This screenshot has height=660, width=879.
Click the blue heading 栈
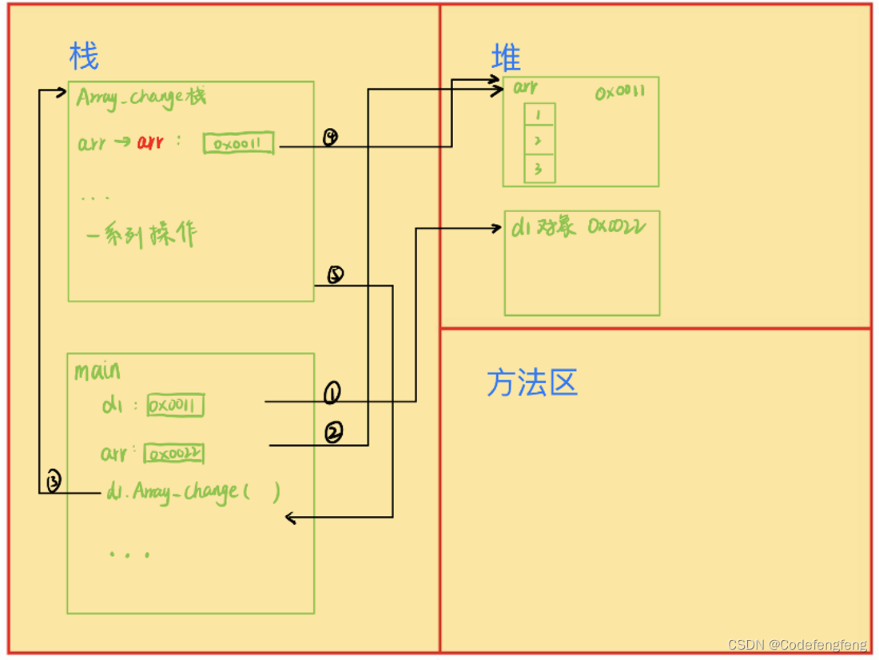[84, 57]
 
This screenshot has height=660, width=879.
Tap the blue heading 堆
[506, 58]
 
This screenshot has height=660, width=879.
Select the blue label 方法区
[531, 383]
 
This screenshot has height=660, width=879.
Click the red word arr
[149, 142]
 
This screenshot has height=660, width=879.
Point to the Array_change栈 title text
[141, 98]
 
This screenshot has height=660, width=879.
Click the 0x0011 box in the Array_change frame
[239, 144]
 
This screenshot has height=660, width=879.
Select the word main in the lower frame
[97, 371]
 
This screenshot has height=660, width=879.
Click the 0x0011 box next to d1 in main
[175, 406]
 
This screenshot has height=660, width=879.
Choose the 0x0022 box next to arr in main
[173, 454]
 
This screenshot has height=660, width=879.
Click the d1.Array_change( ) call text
[192, 491]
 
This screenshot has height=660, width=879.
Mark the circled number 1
[332, 393]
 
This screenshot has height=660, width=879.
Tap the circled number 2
[334, 433]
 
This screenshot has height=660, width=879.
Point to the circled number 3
[54, 482]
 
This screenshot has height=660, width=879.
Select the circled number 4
[330, 138]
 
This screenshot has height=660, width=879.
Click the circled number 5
[335, 275]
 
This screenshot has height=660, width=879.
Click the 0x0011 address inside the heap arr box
[620, 93]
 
